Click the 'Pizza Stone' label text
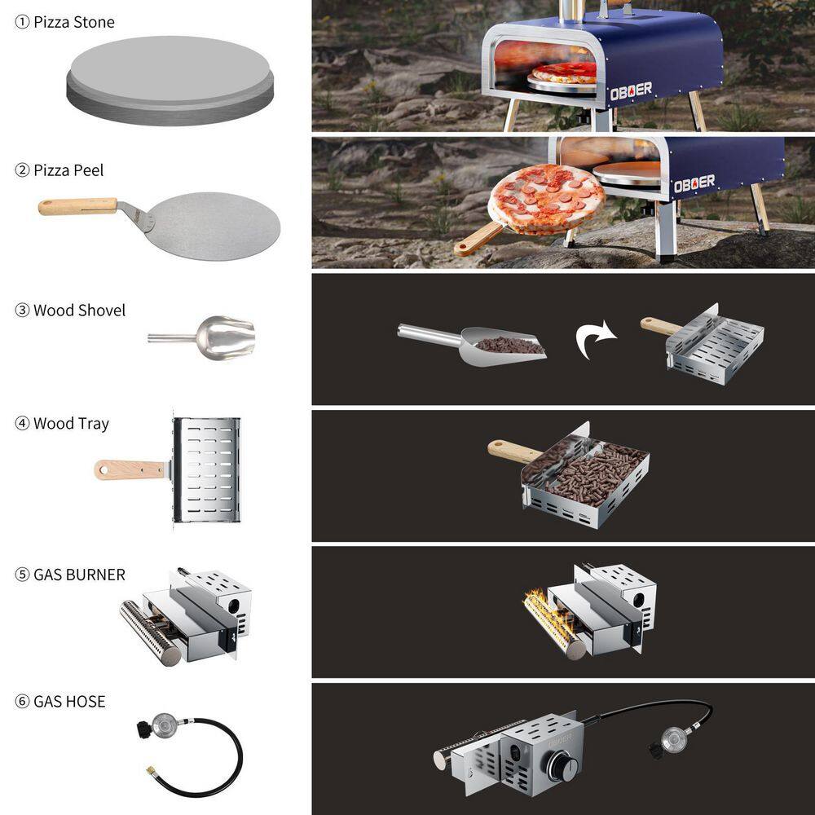click(74, 22)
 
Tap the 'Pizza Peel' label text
click(68, 170)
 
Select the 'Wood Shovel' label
click(80, 311)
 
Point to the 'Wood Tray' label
click(71, 424)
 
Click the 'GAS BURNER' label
click(80, 575)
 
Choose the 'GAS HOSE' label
click(69, 702)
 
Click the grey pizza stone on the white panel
click(170, 81)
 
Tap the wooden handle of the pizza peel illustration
click(78, 206)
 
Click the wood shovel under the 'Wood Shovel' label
click(201, 338)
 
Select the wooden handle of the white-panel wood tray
click(130, 470)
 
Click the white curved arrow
click(595, 339)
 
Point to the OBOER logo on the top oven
click(631, 91)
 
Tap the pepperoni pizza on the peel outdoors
click(546, 198)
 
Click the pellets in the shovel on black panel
click(509, 345)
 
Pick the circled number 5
click(22, 575)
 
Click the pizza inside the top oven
click(565, 73)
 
